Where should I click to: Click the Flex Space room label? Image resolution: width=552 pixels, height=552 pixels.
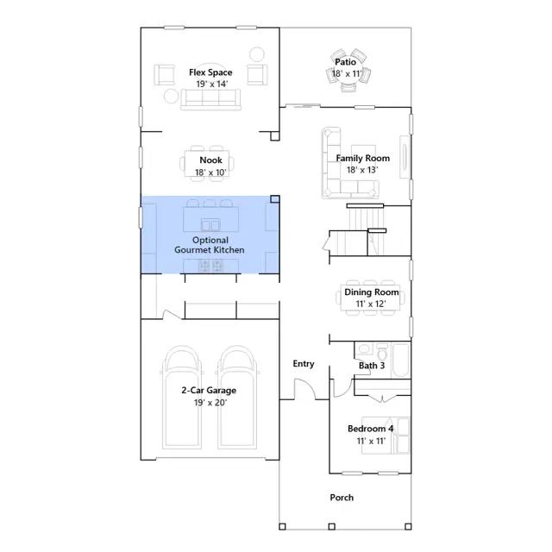click(210, 72)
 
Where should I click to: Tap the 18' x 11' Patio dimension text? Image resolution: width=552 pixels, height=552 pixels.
click(347, 74)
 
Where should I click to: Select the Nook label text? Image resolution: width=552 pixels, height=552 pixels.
click(210, 160)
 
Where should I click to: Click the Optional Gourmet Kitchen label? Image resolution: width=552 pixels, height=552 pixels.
click(210, 245)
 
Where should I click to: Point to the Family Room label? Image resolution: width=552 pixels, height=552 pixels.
click(362, 159)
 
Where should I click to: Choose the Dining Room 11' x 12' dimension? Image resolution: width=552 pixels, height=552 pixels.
click(371, 304)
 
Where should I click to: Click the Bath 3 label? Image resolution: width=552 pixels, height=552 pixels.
click(372, 366)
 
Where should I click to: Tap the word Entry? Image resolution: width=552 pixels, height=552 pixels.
click(304, 364)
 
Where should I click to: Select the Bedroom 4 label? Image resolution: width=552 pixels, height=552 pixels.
click(370, 429)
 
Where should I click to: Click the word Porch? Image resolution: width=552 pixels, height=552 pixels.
click(342, 498)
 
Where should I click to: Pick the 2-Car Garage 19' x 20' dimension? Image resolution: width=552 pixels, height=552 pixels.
click(210, 403)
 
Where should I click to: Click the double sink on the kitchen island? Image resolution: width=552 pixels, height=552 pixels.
click(210, 224)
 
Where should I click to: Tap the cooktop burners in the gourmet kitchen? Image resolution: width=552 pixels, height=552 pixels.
click(210, 266)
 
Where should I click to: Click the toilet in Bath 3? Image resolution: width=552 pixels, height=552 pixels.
click(382, 351)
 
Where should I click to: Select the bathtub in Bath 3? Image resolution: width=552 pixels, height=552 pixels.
click(400, 361)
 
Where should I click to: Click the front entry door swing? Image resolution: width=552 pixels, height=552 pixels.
click(304, 388)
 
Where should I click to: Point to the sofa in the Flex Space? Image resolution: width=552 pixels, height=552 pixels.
click(210, 99)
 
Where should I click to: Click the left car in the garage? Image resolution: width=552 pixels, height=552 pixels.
click(182, 397)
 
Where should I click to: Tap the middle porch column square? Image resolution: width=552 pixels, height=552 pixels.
click(331, 527)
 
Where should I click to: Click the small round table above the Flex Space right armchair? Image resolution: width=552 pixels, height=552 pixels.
click(257, 54)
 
